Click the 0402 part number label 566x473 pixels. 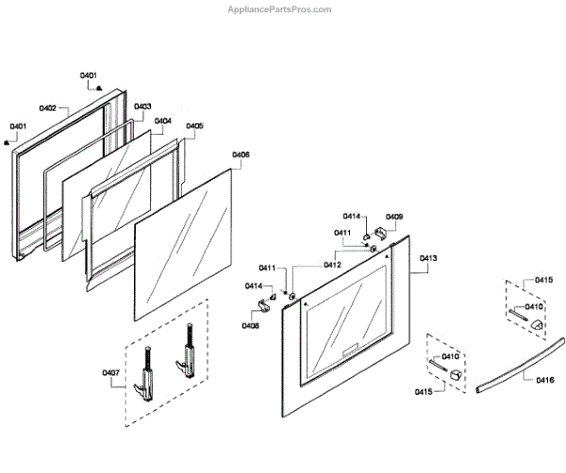tap(47, 108)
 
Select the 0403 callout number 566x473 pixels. tap(142, 106)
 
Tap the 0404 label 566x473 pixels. tap(162, 121)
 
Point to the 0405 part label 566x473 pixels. tap(193, 125)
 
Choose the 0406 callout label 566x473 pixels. tap(241, 154)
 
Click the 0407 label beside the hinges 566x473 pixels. tap(110, 374)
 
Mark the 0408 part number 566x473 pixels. tap(250, 325)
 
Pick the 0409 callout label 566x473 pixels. tap(394, 217)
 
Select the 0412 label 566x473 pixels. tap(332, 265)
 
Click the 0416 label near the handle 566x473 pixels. tap(544, 380)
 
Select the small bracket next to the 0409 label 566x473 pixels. tap(382, 230)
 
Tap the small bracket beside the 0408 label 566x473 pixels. tap(263, 302)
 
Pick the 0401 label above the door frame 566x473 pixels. tap(88, 74)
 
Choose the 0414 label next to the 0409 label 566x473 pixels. tap(351, 217)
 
